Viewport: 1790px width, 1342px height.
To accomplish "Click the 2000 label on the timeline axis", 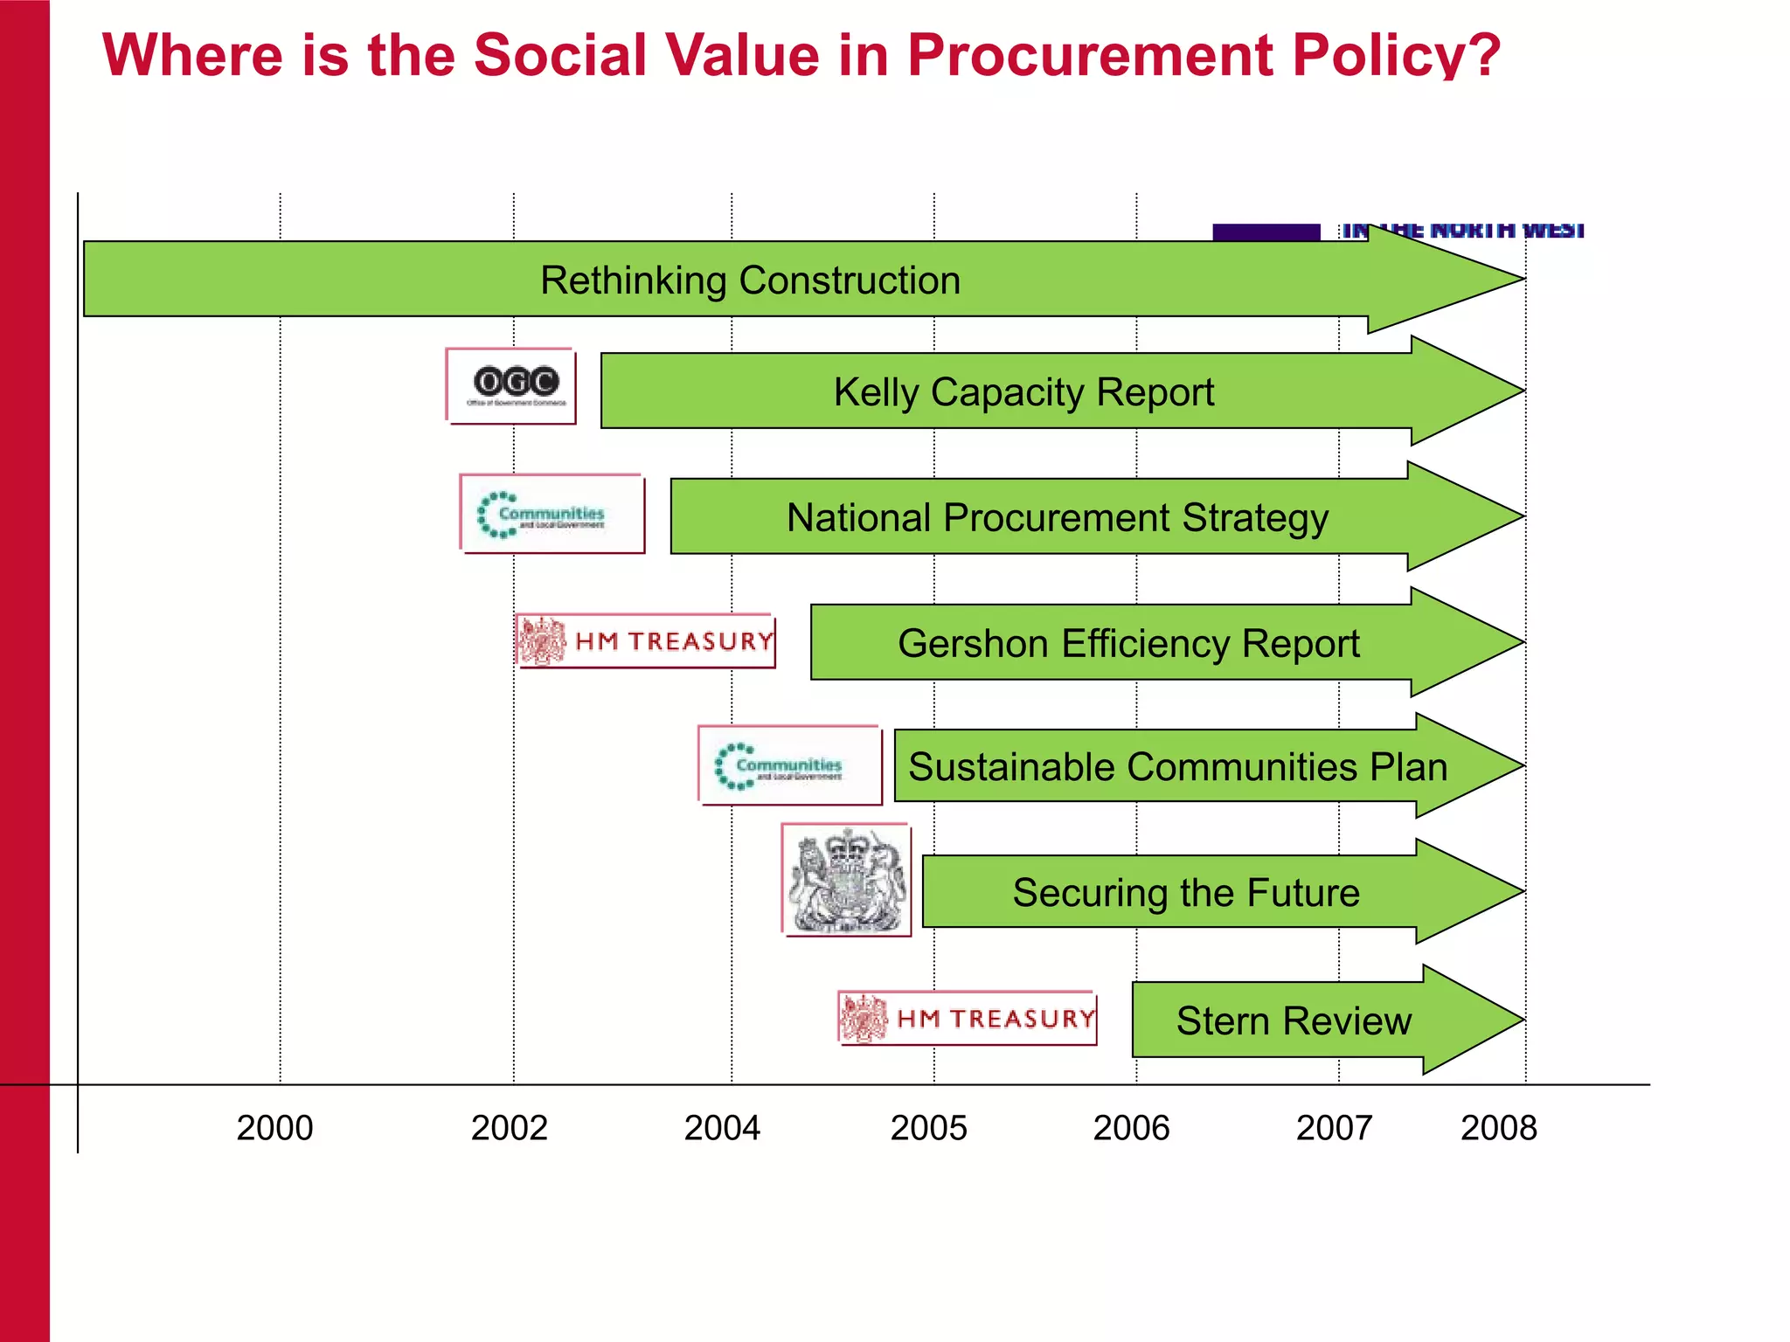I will pos(274,1128).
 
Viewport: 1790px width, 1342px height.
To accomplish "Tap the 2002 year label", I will pos(509,1128).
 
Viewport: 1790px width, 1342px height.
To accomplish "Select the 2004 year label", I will pos(722,1128).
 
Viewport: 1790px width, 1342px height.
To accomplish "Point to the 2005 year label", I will pos(928,1128).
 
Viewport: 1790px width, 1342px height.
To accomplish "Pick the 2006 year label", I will pos(1131,1128).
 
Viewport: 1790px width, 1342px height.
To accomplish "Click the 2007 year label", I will pos(1334,1128).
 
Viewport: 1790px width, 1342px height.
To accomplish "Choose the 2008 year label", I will pos(1498,1128).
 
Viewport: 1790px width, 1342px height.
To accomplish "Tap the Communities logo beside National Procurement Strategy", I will pos(552,515).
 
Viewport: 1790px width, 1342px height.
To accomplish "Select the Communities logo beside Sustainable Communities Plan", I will pos(790,765).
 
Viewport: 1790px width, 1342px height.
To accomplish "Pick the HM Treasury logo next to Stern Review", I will pos(968,1019).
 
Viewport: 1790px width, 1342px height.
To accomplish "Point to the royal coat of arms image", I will pos(847,881).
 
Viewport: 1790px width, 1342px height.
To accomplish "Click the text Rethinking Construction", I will pos(750,280).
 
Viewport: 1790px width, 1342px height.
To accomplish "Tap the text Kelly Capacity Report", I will pos(1023,392).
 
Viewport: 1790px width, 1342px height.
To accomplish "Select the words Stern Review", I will pos(1294,1020).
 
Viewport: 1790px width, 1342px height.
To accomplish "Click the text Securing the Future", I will pos(1186,893).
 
